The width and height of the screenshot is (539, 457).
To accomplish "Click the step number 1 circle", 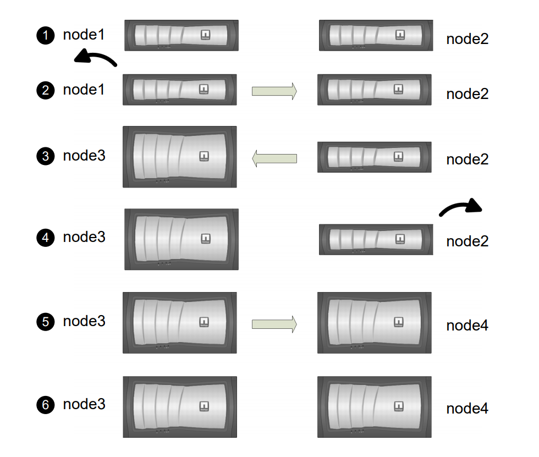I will (46, 36).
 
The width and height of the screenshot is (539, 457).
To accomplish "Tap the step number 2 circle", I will (46, 90).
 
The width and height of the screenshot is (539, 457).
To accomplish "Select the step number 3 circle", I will (46, 156).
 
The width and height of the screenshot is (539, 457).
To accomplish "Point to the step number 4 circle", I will (46, 239).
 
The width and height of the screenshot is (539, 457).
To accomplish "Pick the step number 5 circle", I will (46, 322).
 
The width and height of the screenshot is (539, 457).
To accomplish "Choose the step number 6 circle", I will (46, 405).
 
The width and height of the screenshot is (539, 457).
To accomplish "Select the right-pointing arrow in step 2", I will (274, 91).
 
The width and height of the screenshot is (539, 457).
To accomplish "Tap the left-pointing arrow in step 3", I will (274, 158).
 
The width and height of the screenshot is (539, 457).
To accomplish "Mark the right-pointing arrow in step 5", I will (274, 324).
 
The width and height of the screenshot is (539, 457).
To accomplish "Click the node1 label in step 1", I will (84, 35).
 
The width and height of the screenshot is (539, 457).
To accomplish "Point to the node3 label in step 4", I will (84, 238).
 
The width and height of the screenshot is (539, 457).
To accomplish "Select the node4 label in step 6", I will (467, 409).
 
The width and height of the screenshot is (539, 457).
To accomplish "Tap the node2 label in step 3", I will (467, 159).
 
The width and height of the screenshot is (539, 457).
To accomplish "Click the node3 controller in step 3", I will (180, 157).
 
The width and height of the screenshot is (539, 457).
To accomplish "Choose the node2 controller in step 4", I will (376, 239).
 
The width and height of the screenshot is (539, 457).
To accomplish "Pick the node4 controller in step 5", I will (375, 322).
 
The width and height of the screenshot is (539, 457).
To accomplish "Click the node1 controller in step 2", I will (180, 90).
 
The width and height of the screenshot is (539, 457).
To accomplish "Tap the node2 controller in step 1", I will (376, 36).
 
